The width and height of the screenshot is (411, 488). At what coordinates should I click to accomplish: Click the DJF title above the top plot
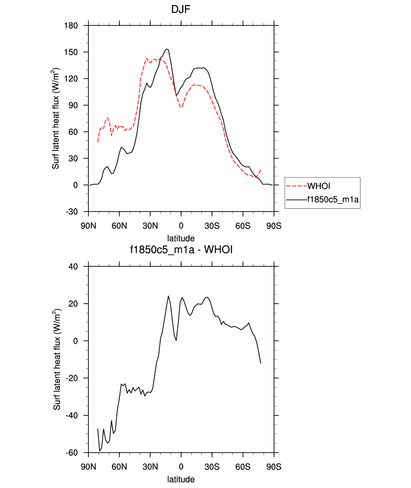pos(181,10)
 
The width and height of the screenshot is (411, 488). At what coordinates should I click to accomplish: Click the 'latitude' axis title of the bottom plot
pos(181,479)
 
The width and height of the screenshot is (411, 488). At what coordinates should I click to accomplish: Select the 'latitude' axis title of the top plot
pos(181,238)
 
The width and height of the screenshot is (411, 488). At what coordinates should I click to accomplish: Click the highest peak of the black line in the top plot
pos(167,49)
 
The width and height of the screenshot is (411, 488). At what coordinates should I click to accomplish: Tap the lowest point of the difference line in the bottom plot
pos(100,451)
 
